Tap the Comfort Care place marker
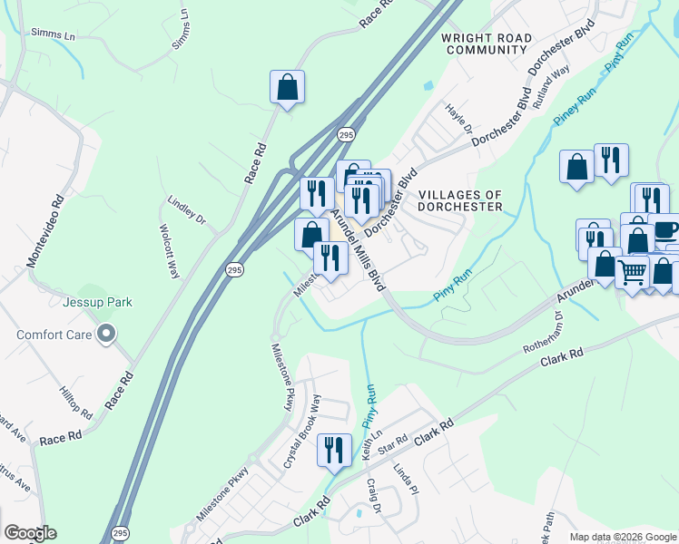point(106,335)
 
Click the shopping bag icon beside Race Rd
point(287,88)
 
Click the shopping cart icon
point(632,269)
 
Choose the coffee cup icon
point(664,228)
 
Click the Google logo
point(30,533)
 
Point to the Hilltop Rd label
point(77,399)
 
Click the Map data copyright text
point(624,537)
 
